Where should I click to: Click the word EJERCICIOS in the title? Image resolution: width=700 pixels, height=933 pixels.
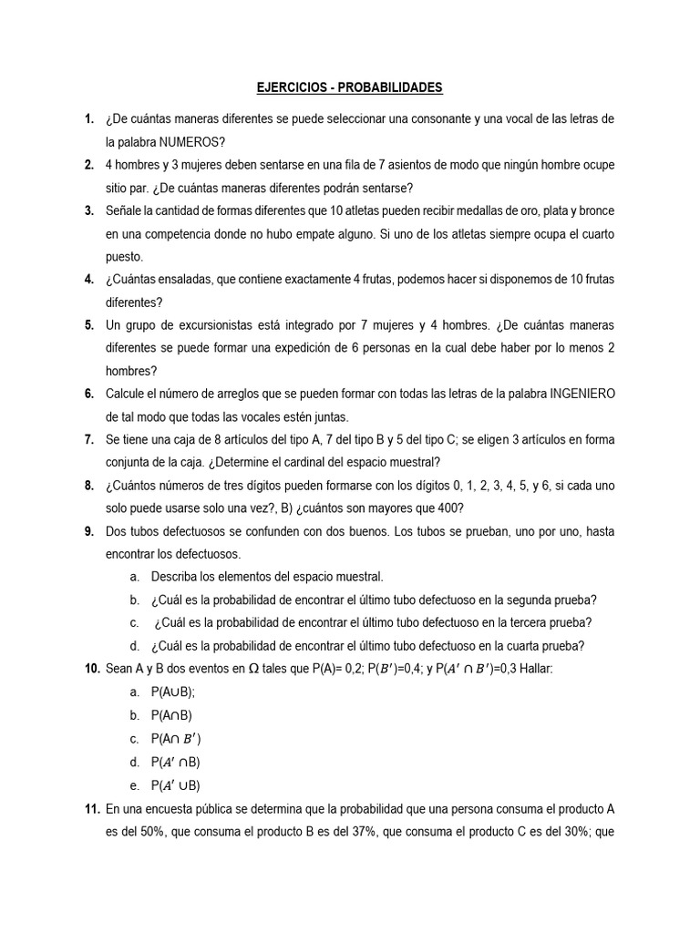288,87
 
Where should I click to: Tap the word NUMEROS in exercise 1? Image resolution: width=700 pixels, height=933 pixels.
191,141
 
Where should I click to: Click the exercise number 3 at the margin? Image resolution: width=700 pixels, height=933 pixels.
88,210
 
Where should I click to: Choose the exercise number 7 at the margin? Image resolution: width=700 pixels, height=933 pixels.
88,439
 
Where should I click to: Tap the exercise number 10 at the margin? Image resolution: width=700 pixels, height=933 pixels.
91,669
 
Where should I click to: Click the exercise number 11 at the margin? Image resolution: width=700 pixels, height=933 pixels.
91,808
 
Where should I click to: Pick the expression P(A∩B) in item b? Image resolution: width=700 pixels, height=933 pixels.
172,715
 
